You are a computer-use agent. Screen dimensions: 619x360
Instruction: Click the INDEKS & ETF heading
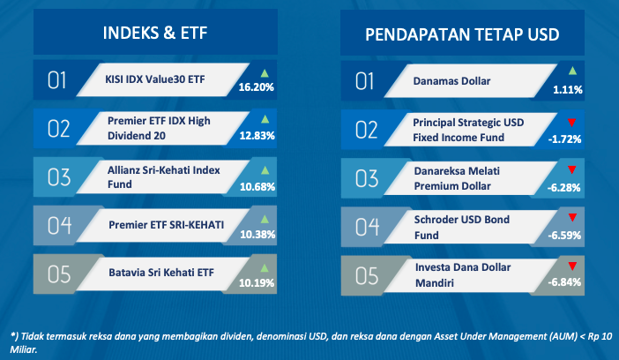point(155,33)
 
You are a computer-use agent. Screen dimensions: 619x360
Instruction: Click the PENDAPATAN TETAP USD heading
point(462,34)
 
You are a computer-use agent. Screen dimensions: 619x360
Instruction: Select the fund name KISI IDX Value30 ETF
point(155,79)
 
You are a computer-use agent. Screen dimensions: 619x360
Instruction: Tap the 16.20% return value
point(257,87)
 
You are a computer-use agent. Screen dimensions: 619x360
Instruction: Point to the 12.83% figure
point(257,136)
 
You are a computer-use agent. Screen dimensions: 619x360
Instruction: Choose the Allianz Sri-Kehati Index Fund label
point(163,177)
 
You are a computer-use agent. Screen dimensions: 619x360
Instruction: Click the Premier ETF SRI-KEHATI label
point(166,225)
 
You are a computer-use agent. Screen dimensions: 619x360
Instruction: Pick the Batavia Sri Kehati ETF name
point(161,273)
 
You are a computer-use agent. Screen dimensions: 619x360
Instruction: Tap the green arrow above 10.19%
point(265,268)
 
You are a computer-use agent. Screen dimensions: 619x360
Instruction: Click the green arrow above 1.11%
point(572,71)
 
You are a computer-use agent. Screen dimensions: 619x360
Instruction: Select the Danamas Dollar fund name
point(451,81)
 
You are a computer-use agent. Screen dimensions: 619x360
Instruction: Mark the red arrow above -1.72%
point(571,123)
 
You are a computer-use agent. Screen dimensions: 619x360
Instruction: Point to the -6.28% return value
point(563,187)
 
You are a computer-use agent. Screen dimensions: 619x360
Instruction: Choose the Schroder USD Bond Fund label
point(461,228)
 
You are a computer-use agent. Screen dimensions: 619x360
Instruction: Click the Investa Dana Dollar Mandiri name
point(463,275)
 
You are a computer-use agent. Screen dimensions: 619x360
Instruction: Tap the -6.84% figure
point(564,282)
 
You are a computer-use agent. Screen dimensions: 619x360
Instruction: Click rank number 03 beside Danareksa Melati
point(367,178)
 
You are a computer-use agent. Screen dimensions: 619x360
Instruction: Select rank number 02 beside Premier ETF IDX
point(59,129)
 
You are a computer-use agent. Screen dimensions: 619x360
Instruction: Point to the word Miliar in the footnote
point(23,349)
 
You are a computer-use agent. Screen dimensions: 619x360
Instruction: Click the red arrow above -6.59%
point(572,217)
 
